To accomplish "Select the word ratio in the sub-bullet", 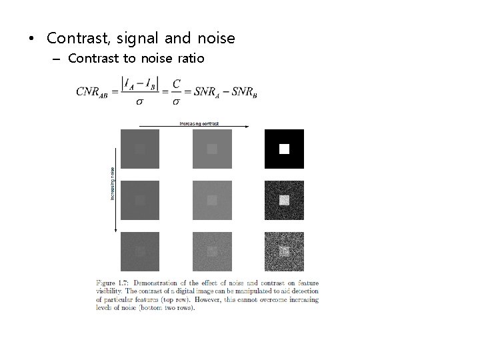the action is coord(191,59).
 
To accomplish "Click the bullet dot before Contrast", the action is coord(31,39).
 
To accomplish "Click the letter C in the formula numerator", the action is coord(176,83).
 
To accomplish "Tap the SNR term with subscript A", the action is coord(206,91).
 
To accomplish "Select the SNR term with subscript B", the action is coord(242,91).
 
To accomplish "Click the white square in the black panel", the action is coord(284,149).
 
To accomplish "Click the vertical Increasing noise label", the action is coord(113,183).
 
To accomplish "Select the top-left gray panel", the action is coord(140,149).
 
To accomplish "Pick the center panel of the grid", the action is coord(212,200).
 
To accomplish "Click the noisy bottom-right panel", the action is coord(284,251).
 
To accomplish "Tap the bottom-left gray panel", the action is coord(140,251).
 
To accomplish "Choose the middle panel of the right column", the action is coord(284,200).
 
